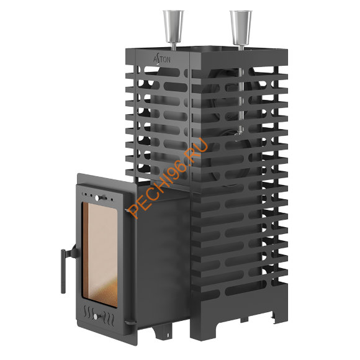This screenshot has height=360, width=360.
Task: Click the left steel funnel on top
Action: pos(173,27)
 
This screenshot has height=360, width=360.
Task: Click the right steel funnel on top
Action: pos(241,27)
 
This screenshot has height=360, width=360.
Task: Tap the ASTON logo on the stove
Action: pos(162,60)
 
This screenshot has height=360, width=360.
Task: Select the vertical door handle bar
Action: pos(63,271)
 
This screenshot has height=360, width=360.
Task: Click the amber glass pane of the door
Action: pos(100,254)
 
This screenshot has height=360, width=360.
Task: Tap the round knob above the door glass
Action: pos(97,198)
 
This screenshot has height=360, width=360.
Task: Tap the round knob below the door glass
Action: pos(96,317)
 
